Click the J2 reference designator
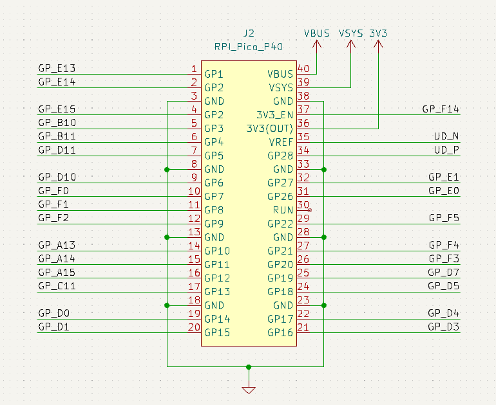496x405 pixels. [x=249, y=33]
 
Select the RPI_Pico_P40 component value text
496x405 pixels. [x=249, y=47]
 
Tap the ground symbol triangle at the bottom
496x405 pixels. [x=249, y=390]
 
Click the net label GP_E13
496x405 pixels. [x=57, y=68]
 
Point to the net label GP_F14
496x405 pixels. [x=441, y=109]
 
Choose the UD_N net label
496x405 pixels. [x=446, y=136]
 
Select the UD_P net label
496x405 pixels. [x=446, y=150]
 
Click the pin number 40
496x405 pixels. [x=303, y=69]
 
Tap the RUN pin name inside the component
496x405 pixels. [x=283, y=210]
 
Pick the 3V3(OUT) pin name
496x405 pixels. [x=270, y=129]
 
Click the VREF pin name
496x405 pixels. [x=281, y=142]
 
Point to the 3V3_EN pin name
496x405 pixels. [x=275, y=115]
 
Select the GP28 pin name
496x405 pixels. [x=280, y=156]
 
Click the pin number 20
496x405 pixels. [x=194, y=327]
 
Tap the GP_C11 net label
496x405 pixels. [x=57, y=286]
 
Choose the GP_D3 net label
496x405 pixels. [x=443, y=327]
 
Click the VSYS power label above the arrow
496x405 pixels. [x=351, y=33]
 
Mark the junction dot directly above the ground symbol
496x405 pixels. [x=249, y=367]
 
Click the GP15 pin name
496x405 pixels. [x=217, y=333]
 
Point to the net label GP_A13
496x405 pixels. [x=57, y=245]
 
